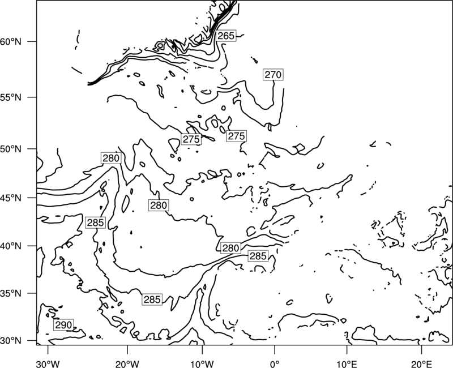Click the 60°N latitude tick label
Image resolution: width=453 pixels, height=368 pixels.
(11, 41)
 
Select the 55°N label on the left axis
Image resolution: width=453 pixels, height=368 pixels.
(11, 97)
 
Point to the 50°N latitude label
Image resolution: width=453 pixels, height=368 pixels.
(11, 149)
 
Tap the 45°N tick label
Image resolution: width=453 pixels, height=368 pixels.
(11, 198)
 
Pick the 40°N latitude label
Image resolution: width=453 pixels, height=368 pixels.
(11, 246)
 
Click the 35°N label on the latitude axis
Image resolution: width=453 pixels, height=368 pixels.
(11, 293)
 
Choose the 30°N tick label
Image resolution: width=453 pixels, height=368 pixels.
(11, 341)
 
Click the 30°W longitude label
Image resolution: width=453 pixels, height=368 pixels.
(48, 364)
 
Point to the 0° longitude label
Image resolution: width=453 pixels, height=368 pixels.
(275, 364)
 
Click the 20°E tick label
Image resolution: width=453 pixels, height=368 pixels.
(422, 364)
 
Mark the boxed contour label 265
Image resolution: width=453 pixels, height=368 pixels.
(226, 36)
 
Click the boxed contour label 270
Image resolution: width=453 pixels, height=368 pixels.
(273, 75)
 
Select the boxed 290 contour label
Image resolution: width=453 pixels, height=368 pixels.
(63, 325)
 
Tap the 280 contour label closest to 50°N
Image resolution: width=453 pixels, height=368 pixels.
(111, 158)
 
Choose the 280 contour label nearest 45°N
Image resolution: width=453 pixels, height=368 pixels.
(159, 205)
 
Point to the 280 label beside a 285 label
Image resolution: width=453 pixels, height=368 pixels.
(231, 248)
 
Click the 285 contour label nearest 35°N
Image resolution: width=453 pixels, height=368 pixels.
(152, 299)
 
